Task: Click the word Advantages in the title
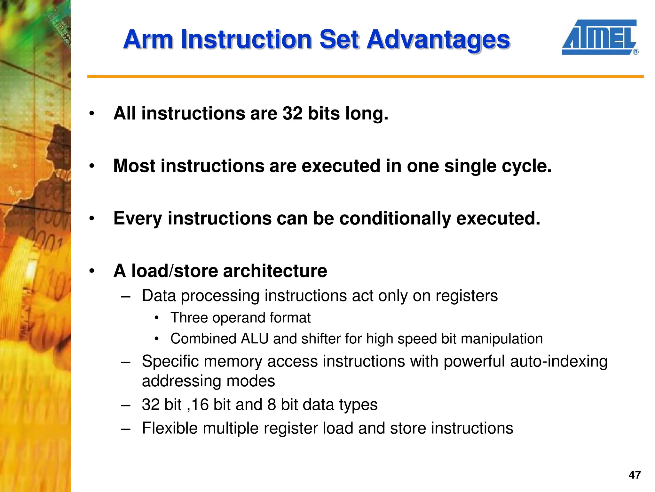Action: click(438, 40)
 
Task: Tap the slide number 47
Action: click(635, 475)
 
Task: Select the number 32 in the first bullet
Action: click(292, 113)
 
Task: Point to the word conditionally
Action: click(395, 219)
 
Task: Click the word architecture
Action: click(275, 271)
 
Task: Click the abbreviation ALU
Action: click(255, 339)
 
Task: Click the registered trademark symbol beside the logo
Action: click(636, 52)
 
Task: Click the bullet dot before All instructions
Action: click(92, 114)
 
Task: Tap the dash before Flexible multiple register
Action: click(126, 429)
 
